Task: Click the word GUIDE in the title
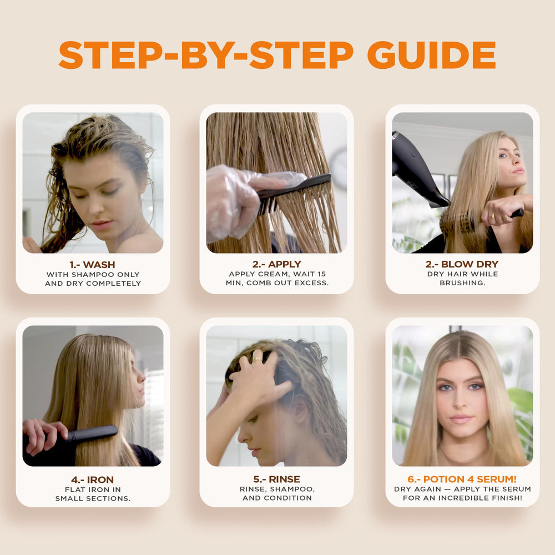tap(431, 55)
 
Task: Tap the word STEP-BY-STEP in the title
tap(206, 55)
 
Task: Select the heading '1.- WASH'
tap(92, 265)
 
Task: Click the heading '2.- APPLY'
tap(277, 264)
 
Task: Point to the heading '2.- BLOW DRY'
tap(462, 264)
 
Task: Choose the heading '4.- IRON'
tap(92, 480)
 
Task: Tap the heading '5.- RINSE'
tap(277, 479)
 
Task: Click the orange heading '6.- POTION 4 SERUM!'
tap(462, 479)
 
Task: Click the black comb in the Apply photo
tap(293, 193)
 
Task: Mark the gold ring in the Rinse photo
tap(257, 359)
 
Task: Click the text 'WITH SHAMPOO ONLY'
tap(93, 275)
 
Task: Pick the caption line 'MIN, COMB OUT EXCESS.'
tap(277, 283)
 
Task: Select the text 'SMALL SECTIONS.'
tap(93, 498)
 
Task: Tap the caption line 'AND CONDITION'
tap(277, 498)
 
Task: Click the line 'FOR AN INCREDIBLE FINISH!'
tap(462, 498)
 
